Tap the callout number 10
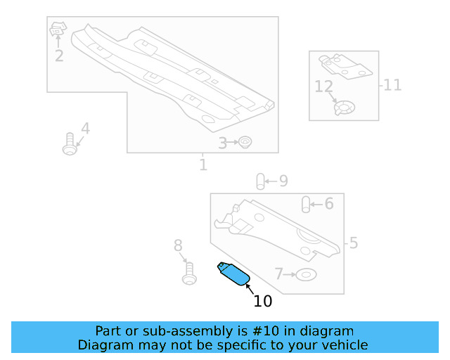tap(262, 302)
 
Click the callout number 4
tap(85, 129)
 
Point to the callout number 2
tap(59, 56)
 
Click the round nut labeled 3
tap(245, 143)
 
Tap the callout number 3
tap(222, 143)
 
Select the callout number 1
tap(203, 165)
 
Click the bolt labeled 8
tap(188, 272)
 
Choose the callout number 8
tap(178, 245)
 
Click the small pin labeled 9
tap(259, 181)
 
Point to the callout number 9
tap(283, 181)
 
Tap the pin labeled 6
tap(307, 204)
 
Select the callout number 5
tap(354, 243)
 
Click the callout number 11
tap(392, 85)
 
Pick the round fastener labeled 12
tap(344, 109)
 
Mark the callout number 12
tap(323, 87)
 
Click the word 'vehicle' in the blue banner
tap(344, 345)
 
